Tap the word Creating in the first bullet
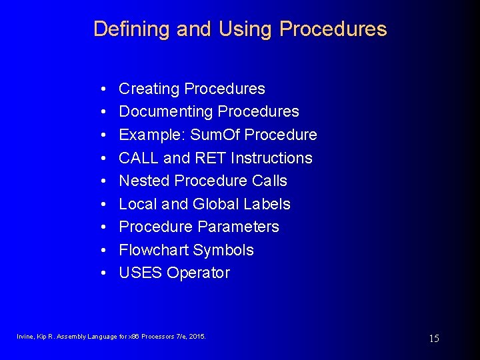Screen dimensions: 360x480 pos(149,89)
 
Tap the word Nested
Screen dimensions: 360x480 pos(144,181)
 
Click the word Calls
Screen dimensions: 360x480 pos(269,181)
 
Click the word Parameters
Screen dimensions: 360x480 pos(239,227)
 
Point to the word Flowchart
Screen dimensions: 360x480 pos(153,250)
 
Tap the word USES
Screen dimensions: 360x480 pos(141,273)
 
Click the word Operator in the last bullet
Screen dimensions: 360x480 pos(199,273)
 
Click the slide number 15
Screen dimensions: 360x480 pos(433,339)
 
